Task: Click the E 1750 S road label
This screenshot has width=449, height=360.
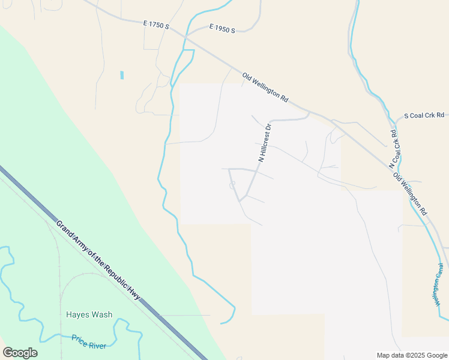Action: [x=157, y=26]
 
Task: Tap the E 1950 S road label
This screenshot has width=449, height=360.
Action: [x=222, y=28]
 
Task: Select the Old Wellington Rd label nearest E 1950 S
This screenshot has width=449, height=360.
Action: [x=265, y=87]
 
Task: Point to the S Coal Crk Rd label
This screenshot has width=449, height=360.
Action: [x=424, y=115]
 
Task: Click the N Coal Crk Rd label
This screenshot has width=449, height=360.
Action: [x=393, y=149]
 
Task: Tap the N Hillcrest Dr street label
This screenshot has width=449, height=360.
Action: [x=265, y=143]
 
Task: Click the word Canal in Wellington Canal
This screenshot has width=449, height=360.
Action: [x=440, y=273]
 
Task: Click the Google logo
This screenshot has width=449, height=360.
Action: [x=20, y=353]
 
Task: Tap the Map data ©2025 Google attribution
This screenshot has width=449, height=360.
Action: [x=412, y=355]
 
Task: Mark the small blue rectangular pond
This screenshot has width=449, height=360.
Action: [x=122, y=75]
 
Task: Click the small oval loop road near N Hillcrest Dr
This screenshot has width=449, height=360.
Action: [x=232, y=185]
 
